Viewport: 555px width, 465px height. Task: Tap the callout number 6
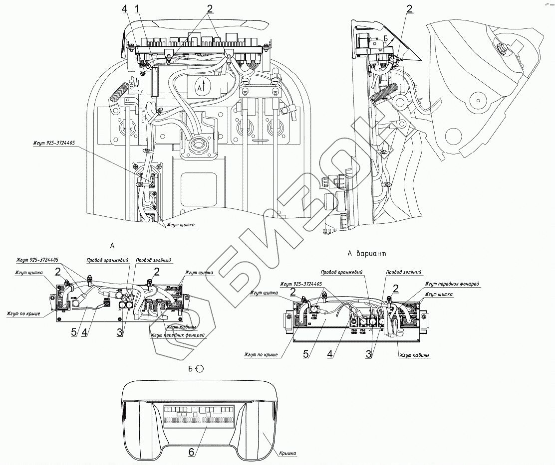pos(191,452)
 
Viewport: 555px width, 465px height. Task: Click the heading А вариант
pos(367,254)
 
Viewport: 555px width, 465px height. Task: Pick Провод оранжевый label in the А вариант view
pos(341,273)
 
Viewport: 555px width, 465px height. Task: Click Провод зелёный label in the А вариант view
pos(403,273)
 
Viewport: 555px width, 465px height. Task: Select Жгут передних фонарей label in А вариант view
pos(452,284)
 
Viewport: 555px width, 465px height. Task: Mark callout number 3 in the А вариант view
pos(368,354)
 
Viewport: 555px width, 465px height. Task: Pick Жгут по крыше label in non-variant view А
pos(30,314)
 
